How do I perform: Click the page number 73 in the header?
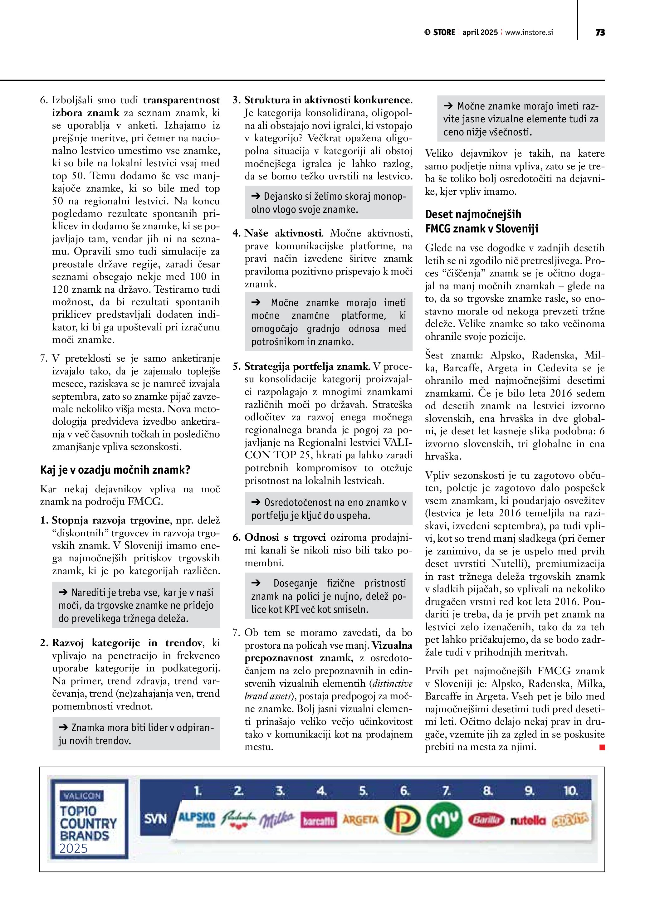[x=600, y=32]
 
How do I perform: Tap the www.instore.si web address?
[x=529, y=32]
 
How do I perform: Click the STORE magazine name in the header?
[x=444, y=32]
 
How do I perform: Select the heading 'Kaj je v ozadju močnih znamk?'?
[x=115, y=470]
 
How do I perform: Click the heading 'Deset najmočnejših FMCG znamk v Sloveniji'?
[x=482, y=221]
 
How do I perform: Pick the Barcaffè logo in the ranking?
[x=319, y=820]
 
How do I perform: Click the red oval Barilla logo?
[x=486, y=820]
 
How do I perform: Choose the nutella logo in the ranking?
[x=528, y=821]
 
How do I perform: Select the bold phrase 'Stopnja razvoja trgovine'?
[x=111, y=520]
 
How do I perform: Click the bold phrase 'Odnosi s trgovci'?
[x=285, y=537]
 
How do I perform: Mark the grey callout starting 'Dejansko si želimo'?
[x=329, y=202]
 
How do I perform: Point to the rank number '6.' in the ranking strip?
[x=404, y=791]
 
